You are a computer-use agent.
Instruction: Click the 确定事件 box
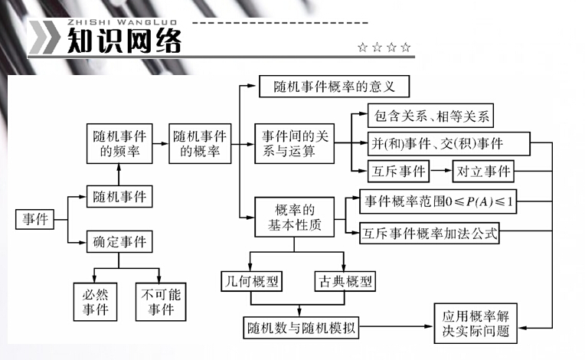[118, 243]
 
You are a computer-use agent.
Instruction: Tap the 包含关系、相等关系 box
[430, 117]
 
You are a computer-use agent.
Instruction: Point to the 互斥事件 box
[397, 169]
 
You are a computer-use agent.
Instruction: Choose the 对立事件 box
[483, 169]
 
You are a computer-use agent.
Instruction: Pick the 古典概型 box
[345, 281]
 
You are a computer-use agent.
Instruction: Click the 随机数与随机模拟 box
[302, 327]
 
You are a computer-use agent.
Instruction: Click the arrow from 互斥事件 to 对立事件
[443, 169]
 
